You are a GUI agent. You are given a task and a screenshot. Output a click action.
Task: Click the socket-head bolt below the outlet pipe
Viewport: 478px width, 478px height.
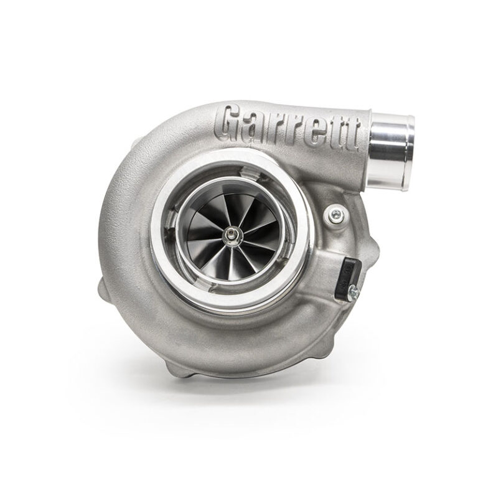pyautogui.click(x=334, y=215)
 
